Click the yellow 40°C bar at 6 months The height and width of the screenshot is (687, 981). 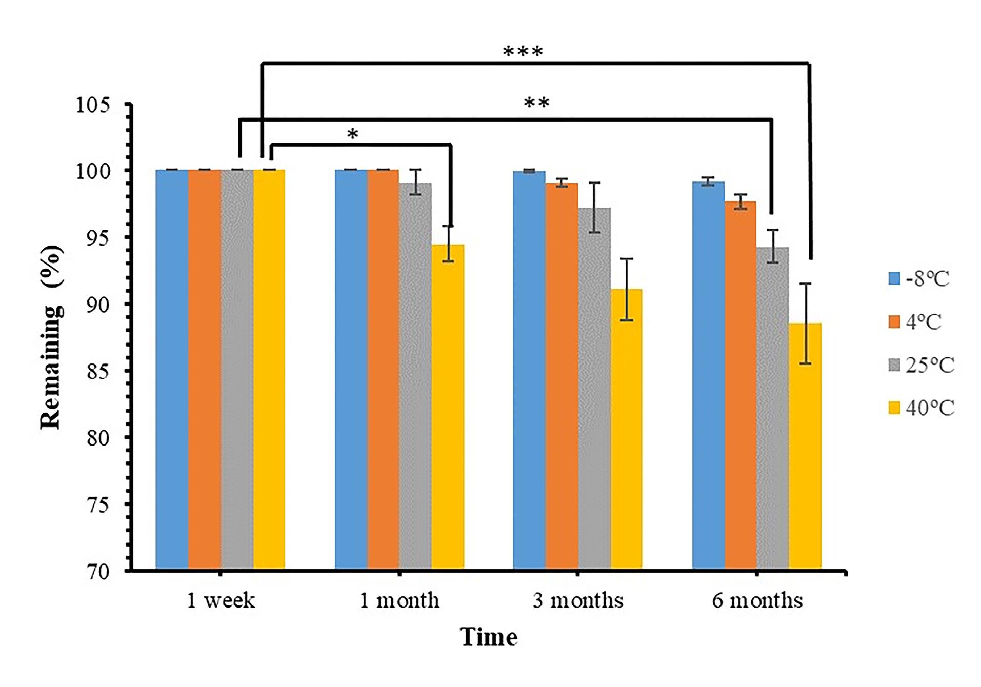[x=805, y=446]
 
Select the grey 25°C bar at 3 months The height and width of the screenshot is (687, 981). [x=594, y=389]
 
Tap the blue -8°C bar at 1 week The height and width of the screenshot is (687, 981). [x=172, y=369]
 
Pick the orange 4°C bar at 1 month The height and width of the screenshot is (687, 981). [x=383, y=369]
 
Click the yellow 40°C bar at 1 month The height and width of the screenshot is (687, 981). [x=448, y=407]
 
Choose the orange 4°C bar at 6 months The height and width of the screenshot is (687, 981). [x=740, y=386]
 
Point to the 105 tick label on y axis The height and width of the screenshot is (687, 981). [x=93, y=105]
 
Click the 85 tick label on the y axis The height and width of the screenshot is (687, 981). [x=98, y=371]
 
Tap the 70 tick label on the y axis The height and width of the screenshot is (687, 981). [x=98, y=571]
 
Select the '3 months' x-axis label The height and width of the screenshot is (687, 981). [x=578, y=600]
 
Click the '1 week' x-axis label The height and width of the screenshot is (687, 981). [x=221, y=600]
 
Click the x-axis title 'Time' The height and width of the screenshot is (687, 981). [x=489, y=637]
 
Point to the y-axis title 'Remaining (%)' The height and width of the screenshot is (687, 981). [x=51, y=337]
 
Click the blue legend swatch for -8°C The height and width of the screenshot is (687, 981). [x=894, y=278]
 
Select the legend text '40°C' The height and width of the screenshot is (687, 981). [x=930, y=408]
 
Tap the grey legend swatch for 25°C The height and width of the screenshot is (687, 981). [x=894, y=365]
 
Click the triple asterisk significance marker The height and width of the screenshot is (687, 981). [x=523, y=52]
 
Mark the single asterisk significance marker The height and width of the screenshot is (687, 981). [x=352, y=134]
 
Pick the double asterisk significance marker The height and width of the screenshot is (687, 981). [x=536, y=103]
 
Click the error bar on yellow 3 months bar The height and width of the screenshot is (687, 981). [x=627, y=290]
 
